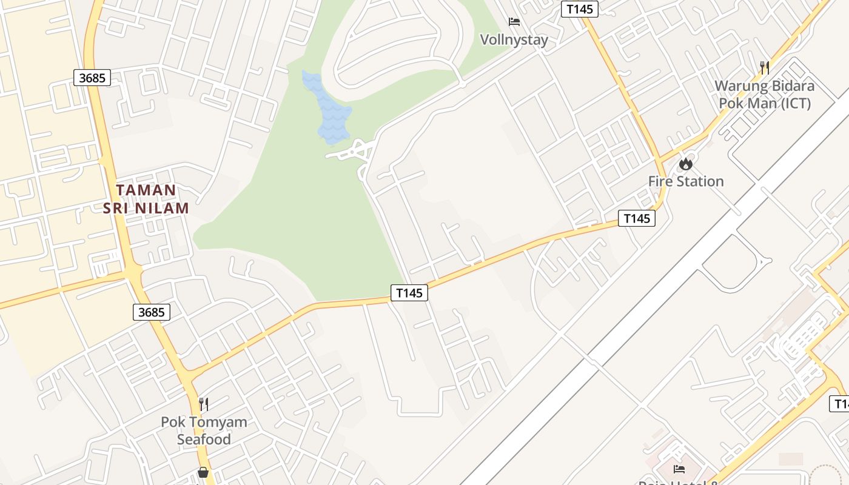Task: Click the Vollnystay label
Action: click(x=514, y=40)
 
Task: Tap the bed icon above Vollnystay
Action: click(x=514, y=22)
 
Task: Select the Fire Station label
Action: click(x=685, y=181)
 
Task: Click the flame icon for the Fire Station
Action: click(x=685, y=164)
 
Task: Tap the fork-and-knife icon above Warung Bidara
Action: click(x=764, y=67)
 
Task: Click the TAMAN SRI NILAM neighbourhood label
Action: click(x=146, y=199)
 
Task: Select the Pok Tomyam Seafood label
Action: click(x=204, y=430)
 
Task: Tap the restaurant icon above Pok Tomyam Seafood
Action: click(x=204, y=404)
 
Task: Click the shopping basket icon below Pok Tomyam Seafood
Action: click(x=203, y=472)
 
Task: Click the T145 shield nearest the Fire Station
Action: click(x=637, y=218)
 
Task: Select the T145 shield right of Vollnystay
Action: click(x=580, y=9)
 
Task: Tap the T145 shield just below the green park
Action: click(x=409, y=293)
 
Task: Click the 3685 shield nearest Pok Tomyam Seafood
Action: click(x=151, y=312)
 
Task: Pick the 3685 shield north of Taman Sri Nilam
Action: click(x=92, y=78)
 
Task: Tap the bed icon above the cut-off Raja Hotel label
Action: click(x=679, y=469)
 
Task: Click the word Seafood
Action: click(x=204, y=439)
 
